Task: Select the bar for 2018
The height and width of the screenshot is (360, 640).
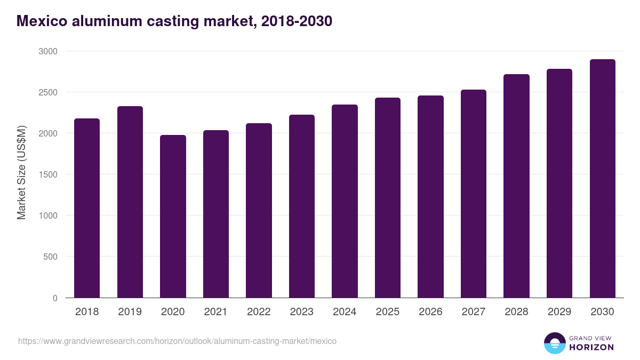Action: (87, 208)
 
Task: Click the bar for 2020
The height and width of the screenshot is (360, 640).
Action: (173, 216)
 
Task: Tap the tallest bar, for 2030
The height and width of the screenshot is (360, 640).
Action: (602, 179)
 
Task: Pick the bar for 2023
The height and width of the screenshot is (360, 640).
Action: (302, 206)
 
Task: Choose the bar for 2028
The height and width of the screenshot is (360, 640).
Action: (516, 186)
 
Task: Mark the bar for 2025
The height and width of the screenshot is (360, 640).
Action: (388, 198)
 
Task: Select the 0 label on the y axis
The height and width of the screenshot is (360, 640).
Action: (55, 298)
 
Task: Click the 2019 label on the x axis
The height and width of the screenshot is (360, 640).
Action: (130, 312)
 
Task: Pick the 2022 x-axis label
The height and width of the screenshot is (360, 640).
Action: (259, 312)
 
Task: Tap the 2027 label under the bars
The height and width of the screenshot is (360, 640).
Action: (474, 312)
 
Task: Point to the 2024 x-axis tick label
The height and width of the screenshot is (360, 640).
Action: (345, 312)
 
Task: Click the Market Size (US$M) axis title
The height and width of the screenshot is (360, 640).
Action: (21, 172)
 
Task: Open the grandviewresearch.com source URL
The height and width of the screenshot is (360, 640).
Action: (177, 341)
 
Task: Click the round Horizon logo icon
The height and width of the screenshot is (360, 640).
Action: (554, 343)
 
